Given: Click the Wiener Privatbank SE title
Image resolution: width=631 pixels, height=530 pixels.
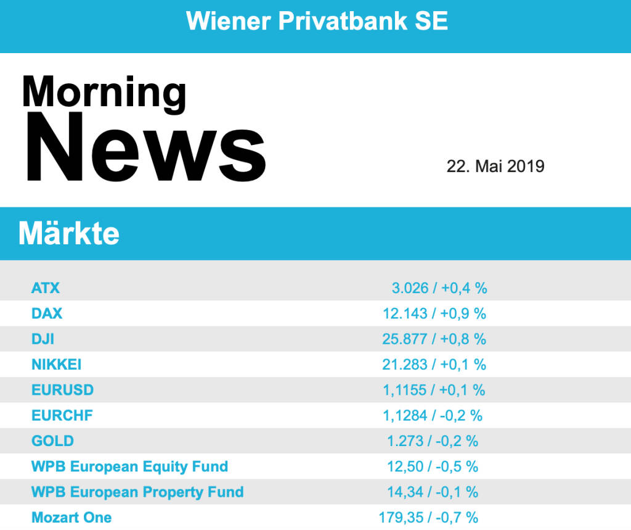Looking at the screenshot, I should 317,22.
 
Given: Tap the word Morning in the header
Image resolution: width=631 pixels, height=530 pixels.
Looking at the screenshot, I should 104,93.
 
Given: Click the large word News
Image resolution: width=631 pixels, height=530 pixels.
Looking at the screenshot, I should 144,149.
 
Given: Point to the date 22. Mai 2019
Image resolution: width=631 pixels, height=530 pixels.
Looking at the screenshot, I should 495,166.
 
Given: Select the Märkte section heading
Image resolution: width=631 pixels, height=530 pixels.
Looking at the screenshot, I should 69,234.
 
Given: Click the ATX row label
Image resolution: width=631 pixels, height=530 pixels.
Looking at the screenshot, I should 46,288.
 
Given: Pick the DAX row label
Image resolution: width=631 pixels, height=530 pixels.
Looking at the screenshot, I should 47,313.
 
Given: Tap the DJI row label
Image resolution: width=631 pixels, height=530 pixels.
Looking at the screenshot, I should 43,339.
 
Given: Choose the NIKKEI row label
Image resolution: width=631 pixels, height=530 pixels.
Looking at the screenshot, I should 56,365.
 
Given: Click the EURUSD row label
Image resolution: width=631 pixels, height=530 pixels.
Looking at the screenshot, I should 62,390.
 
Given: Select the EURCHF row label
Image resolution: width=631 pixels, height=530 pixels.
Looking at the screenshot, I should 62,415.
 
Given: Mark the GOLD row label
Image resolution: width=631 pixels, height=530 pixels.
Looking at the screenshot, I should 52,441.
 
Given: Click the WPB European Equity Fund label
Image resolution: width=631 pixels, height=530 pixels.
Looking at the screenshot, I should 129,466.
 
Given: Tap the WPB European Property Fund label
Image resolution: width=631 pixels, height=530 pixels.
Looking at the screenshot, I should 137,492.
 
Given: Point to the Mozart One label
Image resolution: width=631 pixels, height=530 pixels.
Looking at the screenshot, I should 71,517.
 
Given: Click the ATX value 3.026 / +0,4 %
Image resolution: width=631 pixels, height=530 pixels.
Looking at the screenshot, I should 439,288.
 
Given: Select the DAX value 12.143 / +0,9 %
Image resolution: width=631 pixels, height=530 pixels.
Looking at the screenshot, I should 434,313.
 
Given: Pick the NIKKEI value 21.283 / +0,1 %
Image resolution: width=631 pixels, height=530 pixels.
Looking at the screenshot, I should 434,365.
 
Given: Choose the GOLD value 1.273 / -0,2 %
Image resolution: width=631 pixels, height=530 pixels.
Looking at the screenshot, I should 433,441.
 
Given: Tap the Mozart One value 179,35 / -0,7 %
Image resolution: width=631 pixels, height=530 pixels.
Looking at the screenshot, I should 428,517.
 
